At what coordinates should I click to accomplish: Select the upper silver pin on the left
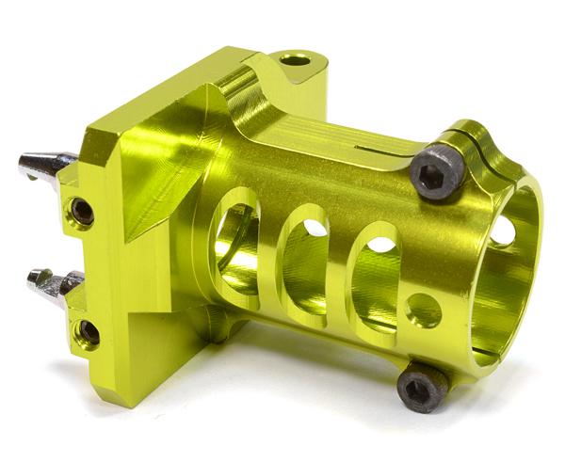47,166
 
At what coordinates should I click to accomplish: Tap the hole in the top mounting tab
296,60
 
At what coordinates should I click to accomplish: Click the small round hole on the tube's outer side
424,311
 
